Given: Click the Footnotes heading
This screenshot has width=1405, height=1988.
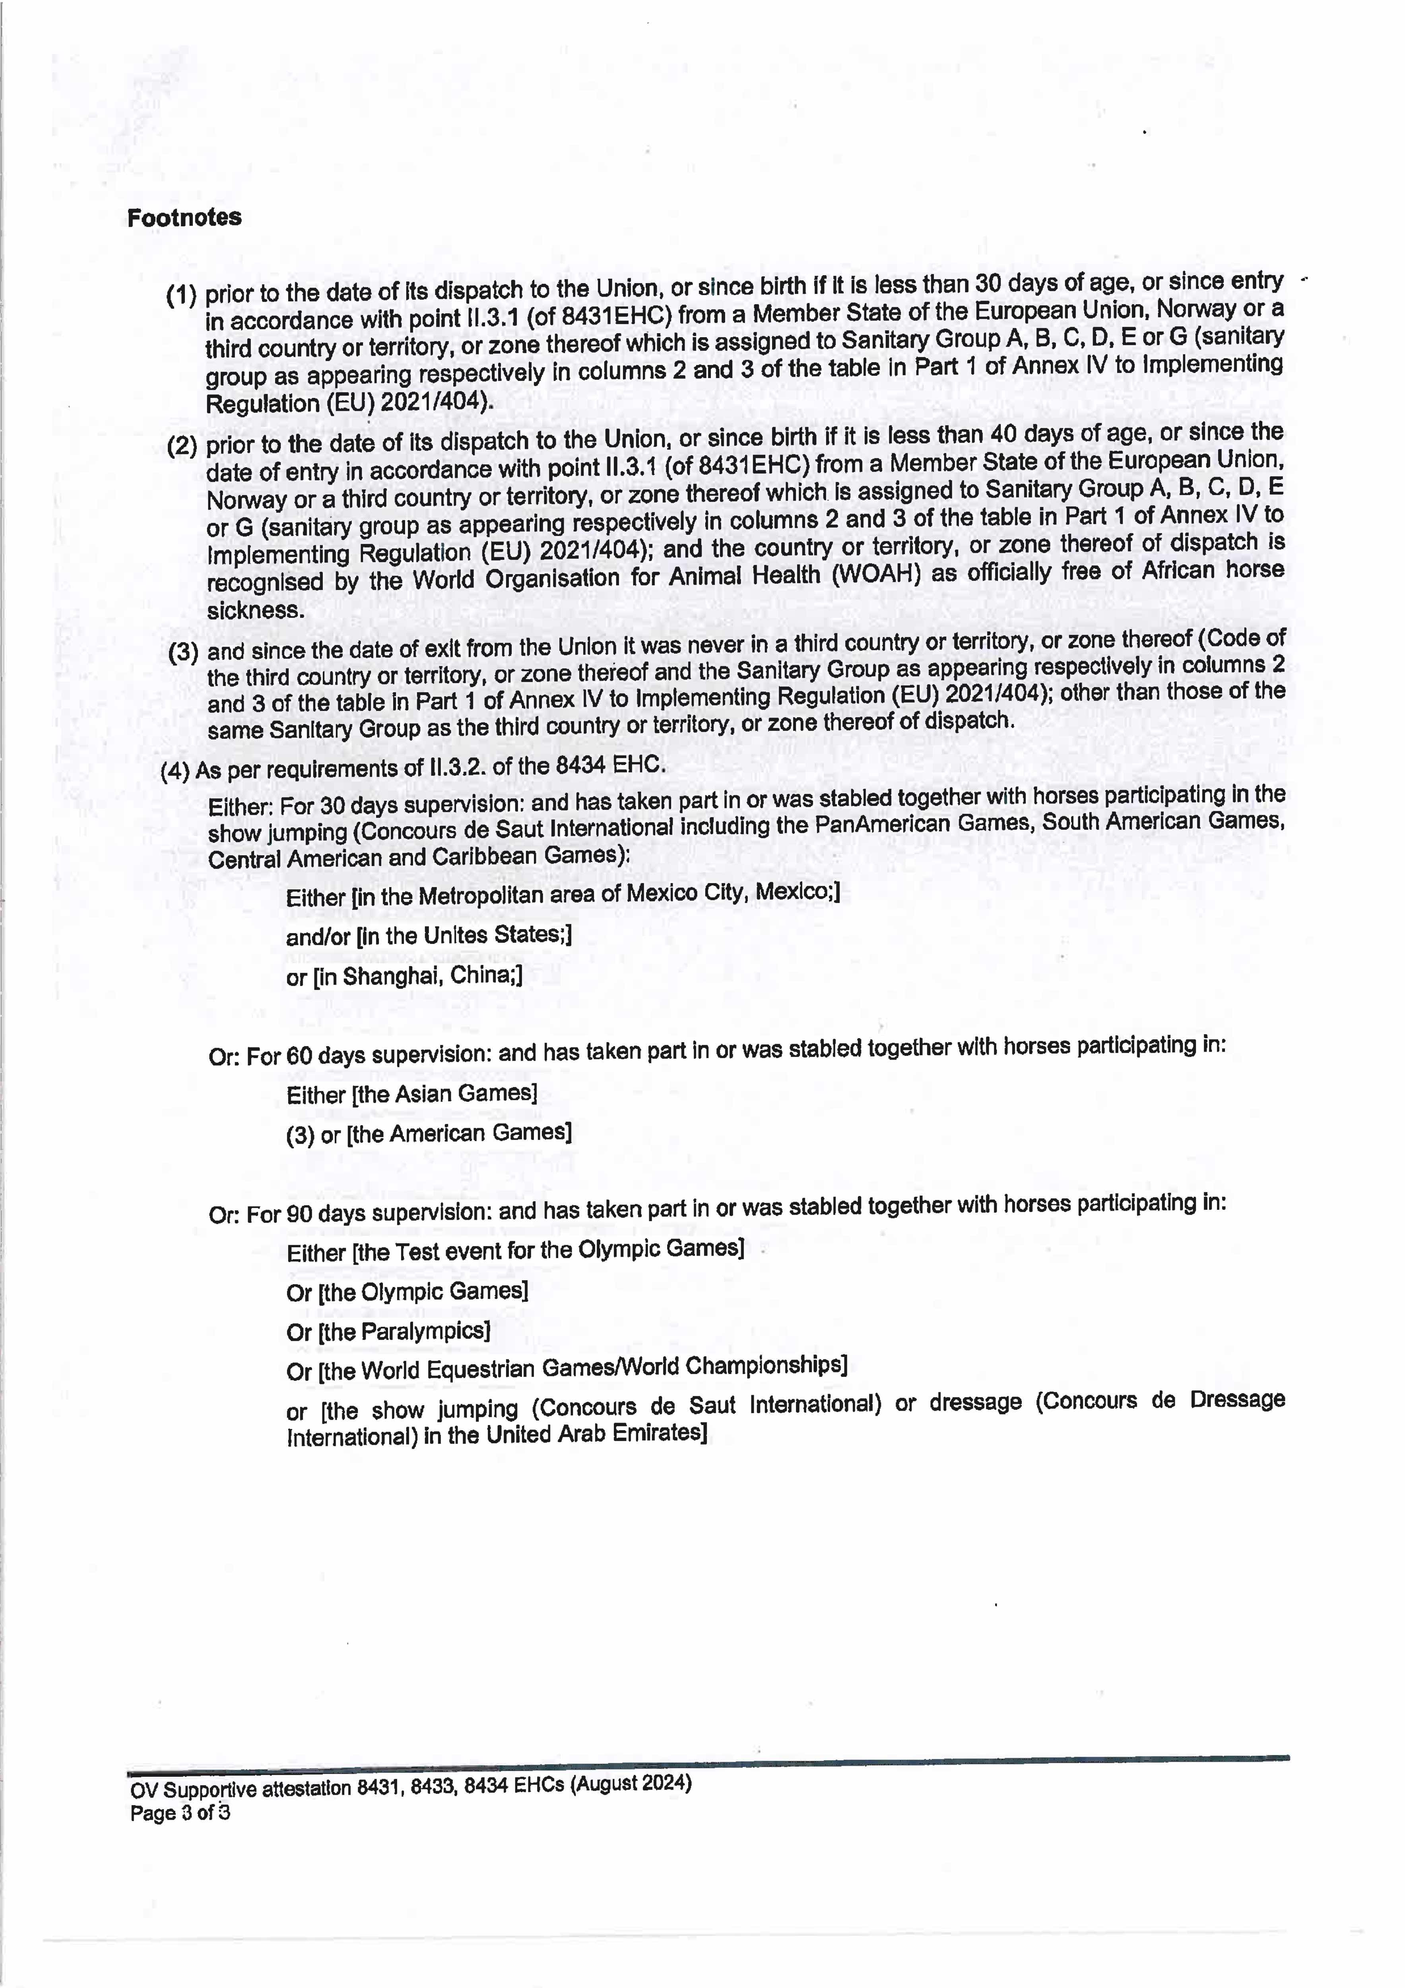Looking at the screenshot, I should [184, 217].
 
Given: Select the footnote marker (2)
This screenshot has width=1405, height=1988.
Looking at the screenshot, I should [182, 447].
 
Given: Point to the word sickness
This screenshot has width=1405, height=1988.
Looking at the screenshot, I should [255, 610].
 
